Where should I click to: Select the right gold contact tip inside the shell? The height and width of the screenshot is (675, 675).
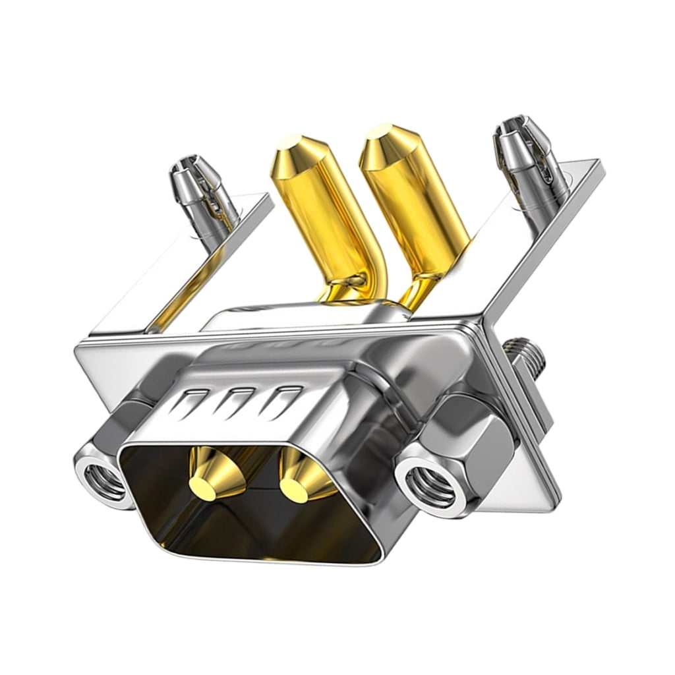[297, 488]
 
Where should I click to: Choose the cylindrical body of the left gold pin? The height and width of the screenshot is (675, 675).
[323, 218]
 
